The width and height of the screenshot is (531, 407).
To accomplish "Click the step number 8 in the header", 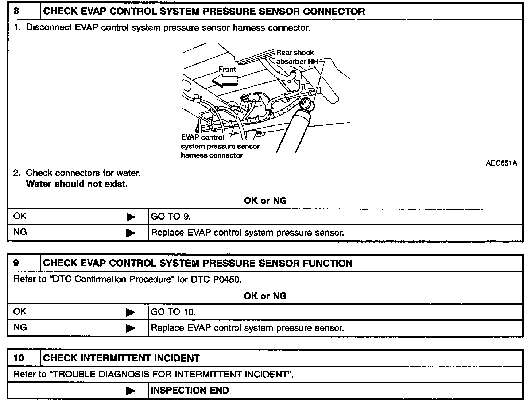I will [16, 11].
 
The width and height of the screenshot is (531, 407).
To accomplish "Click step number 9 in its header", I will [16, 263].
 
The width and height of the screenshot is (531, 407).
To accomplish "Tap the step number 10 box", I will [19, 358].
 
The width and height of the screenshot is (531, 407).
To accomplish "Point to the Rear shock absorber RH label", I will [296, 57].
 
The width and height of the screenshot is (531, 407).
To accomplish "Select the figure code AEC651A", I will [501, 163].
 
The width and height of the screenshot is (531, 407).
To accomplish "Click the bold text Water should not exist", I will [77, 184].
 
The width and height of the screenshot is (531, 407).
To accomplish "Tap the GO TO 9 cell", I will [171, 217].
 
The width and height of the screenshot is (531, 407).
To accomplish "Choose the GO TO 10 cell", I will [173, 312].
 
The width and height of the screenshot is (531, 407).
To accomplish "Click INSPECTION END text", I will [190, 391].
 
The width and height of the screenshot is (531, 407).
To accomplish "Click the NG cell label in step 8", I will [20, 232].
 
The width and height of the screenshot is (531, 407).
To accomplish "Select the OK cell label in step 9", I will [20, 312].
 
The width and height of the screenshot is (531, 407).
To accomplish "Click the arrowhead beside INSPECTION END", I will [130, 391].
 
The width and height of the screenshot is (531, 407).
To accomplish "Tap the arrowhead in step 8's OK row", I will [130, 217].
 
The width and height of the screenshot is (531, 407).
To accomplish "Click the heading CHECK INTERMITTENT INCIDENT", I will [121, 358].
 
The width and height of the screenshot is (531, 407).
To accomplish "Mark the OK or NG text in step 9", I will [265, 296].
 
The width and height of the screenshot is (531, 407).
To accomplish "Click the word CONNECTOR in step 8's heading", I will [334, 11].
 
